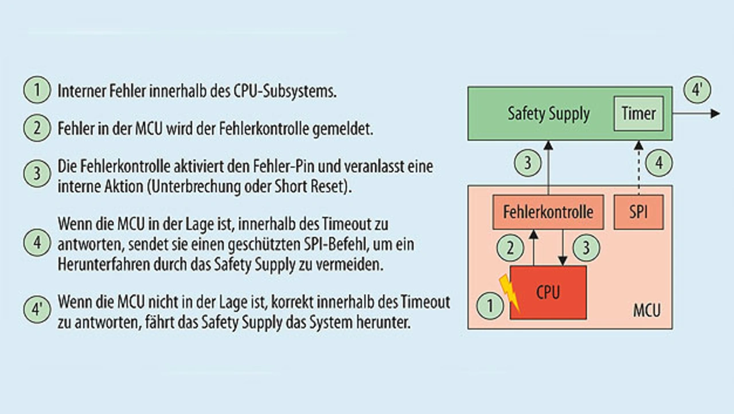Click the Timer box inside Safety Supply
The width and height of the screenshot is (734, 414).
(x=639, y=114)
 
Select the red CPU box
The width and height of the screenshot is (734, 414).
(x=548, y=292)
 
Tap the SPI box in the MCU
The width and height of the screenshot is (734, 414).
(x=639, y=212)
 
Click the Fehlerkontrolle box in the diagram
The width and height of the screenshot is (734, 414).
(x=548, y=212)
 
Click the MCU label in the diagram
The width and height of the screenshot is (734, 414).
(x=646, y=310)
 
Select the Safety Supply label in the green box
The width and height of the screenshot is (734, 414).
(x=549, y=114)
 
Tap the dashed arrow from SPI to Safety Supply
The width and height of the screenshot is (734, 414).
(x=639, y=168)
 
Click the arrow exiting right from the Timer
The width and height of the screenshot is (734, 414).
(x=696, y=114)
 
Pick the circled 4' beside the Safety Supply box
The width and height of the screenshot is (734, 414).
(x=697, y=90)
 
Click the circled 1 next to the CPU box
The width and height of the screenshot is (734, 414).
(x=490, y=305)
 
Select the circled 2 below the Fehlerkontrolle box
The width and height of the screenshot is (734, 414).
(x=510, y=248)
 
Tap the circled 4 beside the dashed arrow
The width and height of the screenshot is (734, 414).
(x=659, y=163)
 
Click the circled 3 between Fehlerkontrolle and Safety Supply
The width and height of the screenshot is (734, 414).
(x=528, y=163)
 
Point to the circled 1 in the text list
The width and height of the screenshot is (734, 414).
(x=37, y=90)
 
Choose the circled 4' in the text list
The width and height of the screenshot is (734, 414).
(x=37, y=310)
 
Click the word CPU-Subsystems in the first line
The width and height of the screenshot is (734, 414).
(x=285, y=91)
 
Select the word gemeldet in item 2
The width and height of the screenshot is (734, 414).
(x=342, y=129)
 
